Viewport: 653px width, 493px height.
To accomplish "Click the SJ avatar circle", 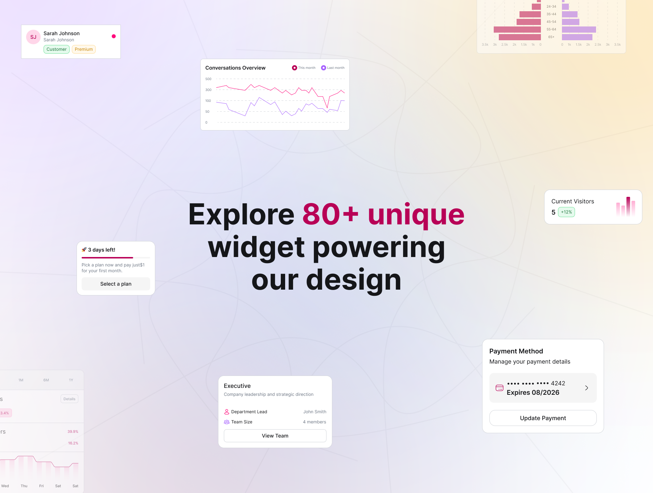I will tap(33, 37).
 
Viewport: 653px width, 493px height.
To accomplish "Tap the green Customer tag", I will tap(57, 49).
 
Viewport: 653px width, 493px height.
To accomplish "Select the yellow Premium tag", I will tap(84, 49).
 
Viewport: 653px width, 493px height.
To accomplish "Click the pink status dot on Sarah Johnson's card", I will tap(114, 36).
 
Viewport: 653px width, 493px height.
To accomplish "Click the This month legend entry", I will tap(304, 68).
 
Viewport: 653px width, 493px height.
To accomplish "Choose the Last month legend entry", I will tap(333, 68).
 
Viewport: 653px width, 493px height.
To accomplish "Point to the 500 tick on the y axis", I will tap(208, 79).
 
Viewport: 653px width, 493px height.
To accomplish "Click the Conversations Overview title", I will tap(235, 68).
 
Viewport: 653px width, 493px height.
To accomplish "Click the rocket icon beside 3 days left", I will tap(84, 249).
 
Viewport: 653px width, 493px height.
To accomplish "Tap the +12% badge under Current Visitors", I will tap(566, 212).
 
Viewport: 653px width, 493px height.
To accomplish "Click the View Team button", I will tap(275, 436).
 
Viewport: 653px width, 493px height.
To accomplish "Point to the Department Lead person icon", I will tap(227, 412).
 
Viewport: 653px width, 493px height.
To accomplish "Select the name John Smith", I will tap(315, 412).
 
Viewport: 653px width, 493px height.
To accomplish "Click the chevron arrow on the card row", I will tap(587, 388).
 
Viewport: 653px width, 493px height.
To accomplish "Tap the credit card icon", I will tap(500, 388).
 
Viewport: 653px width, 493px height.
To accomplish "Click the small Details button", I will tap(69, 399).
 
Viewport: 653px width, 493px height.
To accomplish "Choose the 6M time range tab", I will tap(46, 380).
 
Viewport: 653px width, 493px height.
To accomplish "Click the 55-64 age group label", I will tap(551, 29).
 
